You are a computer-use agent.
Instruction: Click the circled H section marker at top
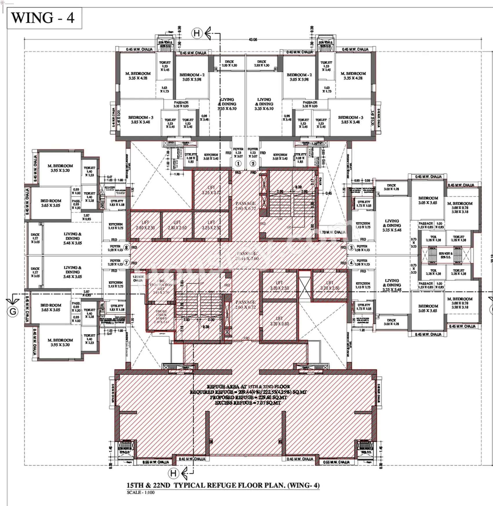click(197, 33)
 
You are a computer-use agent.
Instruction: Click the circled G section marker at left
click(13, 312)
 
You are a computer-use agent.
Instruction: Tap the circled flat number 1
click(238, 164)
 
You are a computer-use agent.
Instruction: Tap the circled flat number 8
click(126, 247)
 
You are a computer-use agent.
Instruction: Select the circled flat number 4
click(351, 263)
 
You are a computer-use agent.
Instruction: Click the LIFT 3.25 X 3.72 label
click(211, 190)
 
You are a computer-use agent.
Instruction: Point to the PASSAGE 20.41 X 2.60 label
click(247, 256)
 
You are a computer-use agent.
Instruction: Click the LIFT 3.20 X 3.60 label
click(279, 321)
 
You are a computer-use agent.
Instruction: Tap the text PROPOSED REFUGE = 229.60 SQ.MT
click(248, 397)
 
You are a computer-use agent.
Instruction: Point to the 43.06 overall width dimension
click(253, 40)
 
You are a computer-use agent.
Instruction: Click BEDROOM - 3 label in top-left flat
click(141, 120)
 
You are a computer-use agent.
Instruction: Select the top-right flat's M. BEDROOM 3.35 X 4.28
click(353, 76)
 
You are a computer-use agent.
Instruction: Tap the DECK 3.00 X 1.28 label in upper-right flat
click(391, 187)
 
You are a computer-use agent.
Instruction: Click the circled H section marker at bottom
click(173, 474)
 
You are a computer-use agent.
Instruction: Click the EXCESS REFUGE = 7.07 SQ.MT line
click(248, 403)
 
